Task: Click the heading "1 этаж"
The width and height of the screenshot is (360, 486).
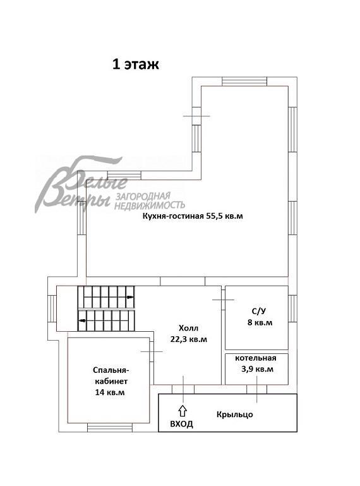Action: point(136,64)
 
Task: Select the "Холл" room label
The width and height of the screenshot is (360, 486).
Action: point(188,328)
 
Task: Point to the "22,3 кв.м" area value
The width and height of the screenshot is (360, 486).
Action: point(188,339)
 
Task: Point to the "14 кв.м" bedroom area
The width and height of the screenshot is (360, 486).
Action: point(111,392)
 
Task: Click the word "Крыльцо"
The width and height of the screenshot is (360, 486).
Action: point(234,414)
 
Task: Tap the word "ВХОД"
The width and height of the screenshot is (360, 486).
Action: point(181,424)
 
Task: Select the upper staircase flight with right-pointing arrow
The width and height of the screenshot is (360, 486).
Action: point(105,296)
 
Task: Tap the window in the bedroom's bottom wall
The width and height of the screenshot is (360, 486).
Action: point(108,428)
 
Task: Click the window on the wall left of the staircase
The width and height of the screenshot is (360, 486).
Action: point(52,308)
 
